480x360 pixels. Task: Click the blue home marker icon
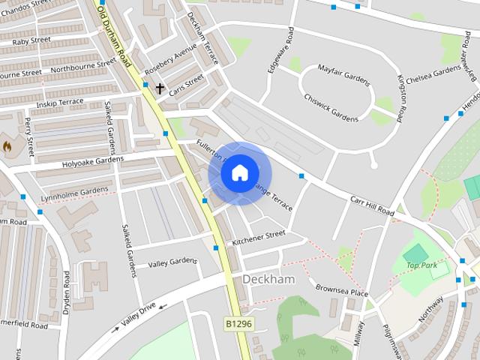click(x=238, y=173)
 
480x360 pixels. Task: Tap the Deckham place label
click(x=268, y=279)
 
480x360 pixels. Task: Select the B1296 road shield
click(x=238, y=322)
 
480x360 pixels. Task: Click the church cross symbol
click(x=159, y=88)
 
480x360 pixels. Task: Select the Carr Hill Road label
click(x=372, y=206)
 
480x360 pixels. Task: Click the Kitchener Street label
click(x=259, y=238)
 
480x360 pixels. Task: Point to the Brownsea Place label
click(x=341, y=289)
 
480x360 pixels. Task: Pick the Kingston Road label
click(x=402, y=97)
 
